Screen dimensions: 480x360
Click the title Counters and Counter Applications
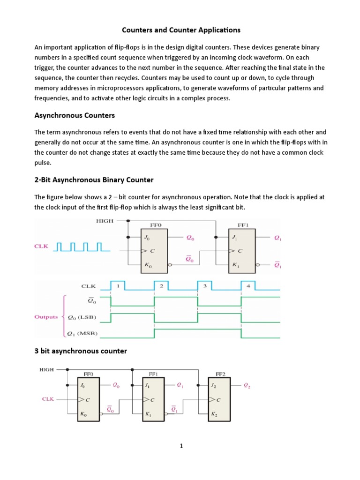[181, 30]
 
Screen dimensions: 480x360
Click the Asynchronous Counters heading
[75, 115]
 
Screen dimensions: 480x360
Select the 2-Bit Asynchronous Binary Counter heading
[94, 180]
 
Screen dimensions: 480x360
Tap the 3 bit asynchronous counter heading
[81, 351]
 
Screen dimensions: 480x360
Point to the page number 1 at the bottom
[180, 446]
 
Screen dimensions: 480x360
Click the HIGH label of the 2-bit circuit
[105, 221]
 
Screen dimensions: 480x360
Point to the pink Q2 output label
[247, 386]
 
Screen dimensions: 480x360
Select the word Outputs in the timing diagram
[46, 317]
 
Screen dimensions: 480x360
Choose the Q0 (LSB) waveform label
[83, 317]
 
